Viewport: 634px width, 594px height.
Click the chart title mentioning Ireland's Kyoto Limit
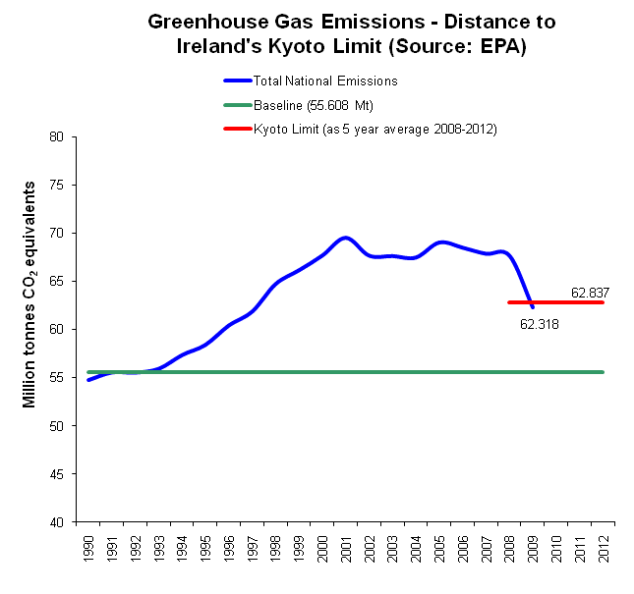pyautogui.click(x=337, y=33)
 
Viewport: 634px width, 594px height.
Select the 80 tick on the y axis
pyautogui.click(x=70, y=136)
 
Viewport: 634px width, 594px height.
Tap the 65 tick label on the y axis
pyautogui.click(x=70, y=281)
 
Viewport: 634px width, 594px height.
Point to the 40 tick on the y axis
pyautogui.click(x=70, y=522)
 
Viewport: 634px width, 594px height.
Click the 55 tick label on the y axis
pyautogui.click(x=70, y=378)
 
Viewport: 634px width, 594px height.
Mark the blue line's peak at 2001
pyautogui.click(x=345, y=238)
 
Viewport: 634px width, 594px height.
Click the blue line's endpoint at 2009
pyautogui.click(x=533, y=307)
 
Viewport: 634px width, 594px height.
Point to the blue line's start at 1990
pyautogui.click(x=88, y=380)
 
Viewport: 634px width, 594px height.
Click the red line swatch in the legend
pyautogui.click(x=237, y=130)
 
